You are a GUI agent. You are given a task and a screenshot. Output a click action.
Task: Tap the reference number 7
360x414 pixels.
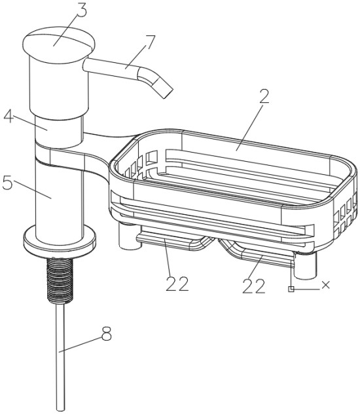point(149,42)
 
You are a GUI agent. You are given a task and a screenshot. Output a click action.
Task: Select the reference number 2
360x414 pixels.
point(263,96)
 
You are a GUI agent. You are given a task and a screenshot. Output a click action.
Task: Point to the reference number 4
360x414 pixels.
point(9,116)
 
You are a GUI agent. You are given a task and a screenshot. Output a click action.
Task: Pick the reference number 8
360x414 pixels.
point(107,333)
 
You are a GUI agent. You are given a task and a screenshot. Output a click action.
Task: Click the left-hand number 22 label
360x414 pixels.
point(177,284)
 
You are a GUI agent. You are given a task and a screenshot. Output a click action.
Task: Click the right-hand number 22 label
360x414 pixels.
point(253,286)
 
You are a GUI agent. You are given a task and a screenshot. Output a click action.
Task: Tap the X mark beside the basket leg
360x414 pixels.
point(326,284)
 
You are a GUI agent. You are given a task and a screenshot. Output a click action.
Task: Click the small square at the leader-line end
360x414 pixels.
point(291,289)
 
